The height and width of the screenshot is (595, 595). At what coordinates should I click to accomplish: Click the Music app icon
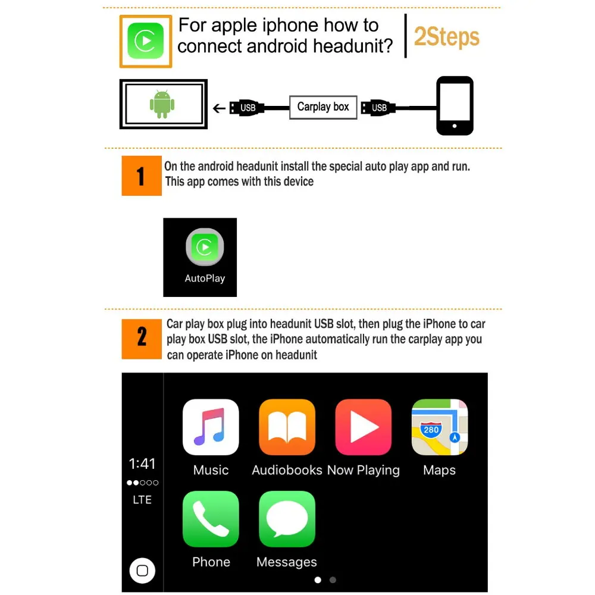point(211,427)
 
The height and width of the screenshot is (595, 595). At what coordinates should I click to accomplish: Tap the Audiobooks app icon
point(287,427)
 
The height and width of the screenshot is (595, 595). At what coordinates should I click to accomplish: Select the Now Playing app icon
point(363,427)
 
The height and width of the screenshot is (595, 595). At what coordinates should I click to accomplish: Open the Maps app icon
point(440,427)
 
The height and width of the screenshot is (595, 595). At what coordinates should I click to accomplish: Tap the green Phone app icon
point(211,519)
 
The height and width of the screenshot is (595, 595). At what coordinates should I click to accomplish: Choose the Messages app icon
point(287,519)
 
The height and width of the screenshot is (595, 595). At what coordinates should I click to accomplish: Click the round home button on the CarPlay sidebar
point(142,571)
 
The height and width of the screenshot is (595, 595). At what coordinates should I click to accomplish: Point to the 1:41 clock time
point(142,464)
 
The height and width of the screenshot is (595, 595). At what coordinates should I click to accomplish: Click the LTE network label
point(142,500)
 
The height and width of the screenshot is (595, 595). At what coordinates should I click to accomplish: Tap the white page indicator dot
point(318,580)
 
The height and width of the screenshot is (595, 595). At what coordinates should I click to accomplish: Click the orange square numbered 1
point(142,176)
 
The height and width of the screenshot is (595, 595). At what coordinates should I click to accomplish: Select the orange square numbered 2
point(142,339)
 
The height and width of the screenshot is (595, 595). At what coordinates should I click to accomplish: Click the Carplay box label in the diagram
point(323,107)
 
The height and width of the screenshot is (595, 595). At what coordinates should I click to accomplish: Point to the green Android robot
point(162,104)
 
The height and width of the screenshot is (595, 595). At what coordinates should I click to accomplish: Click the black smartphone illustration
point(455,105)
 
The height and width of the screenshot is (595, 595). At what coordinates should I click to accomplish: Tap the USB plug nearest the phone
point(378,108)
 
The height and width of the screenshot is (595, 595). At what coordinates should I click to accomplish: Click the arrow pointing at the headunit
point(219,108)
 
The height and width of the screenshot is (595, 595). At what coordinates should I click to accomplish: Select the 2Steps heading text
point(447,37)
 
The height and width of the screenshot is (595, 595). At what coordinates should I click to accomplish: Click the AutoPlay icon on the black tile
point(205,247)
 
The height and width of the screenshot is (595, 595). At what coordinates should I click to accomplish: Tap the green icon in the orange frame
point(146,41)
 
